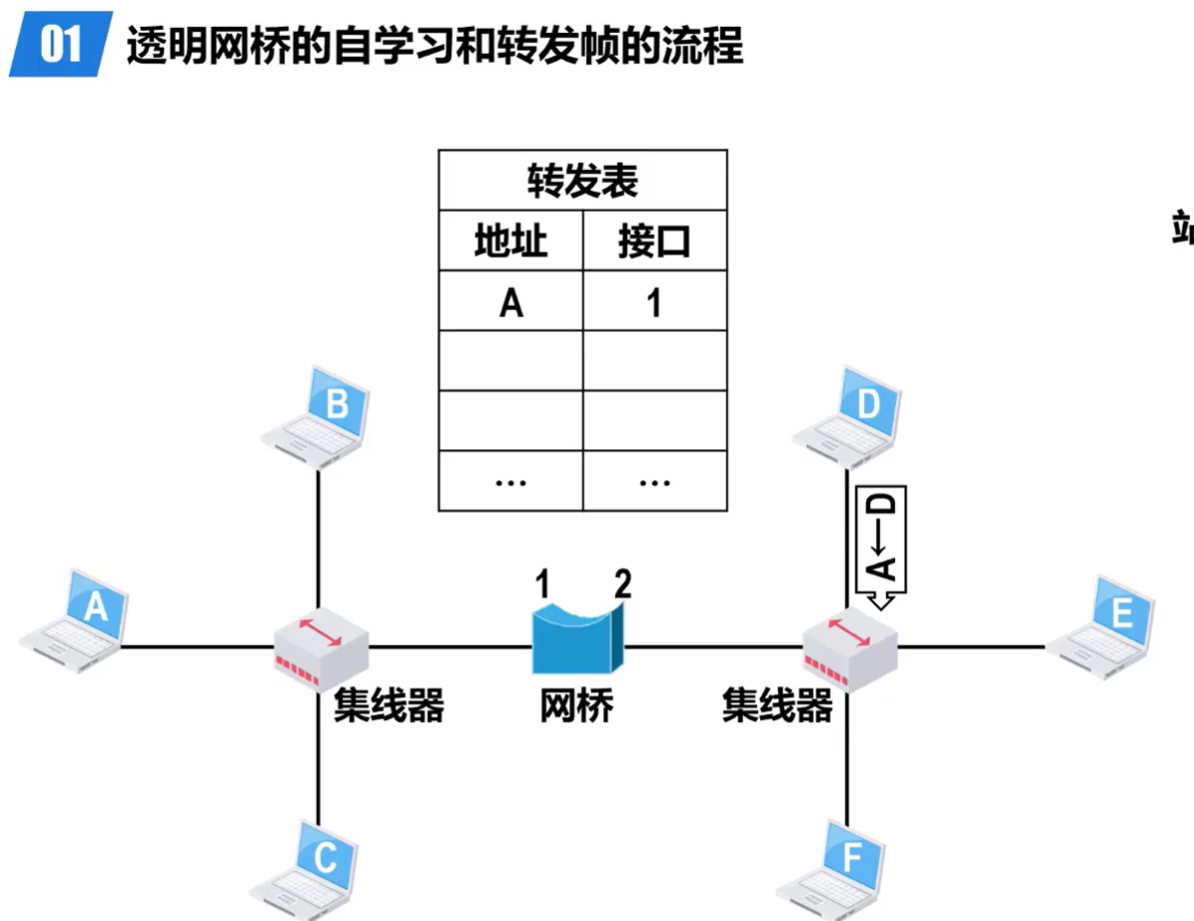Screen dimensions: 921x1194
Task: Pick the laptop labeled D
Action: (851, 417)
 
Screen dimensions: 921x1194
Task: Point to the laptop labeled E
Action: (1104, 627)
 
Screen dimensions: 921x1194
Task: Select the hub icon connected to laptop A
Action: (321, 645)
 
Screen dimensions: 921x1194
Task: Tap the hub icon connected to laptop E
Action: (849, 645)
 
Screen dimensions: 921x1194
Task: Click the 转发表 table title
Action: (582, 181)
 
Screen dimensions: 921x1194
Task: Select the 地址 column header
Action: (511, 240)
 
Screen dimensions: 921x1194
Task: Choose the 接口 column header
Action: (654, 240)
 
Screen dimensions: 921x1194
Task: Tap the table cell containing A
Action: (511, 301)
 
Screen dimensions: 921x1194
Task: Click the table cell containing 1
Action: (654, 301)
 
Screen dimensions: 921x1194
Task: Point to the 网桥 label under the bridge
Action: (576, 706)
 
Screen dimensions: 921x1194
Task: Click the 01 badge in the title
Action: (60, 45)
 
